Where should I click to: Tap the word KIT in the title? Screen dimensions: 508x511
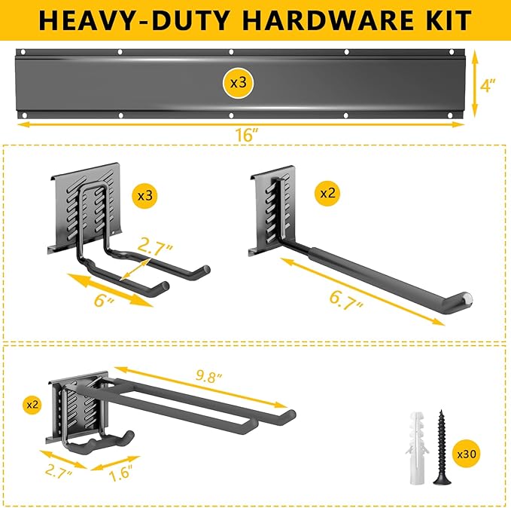(444, 20)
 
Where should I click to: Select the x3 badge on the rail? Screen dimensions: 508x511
(238, 83)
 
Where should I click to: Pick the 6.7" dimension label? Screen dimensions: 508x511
(347, 302)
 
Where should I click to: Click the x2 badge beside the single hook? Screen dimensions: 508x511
(328, 193)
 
